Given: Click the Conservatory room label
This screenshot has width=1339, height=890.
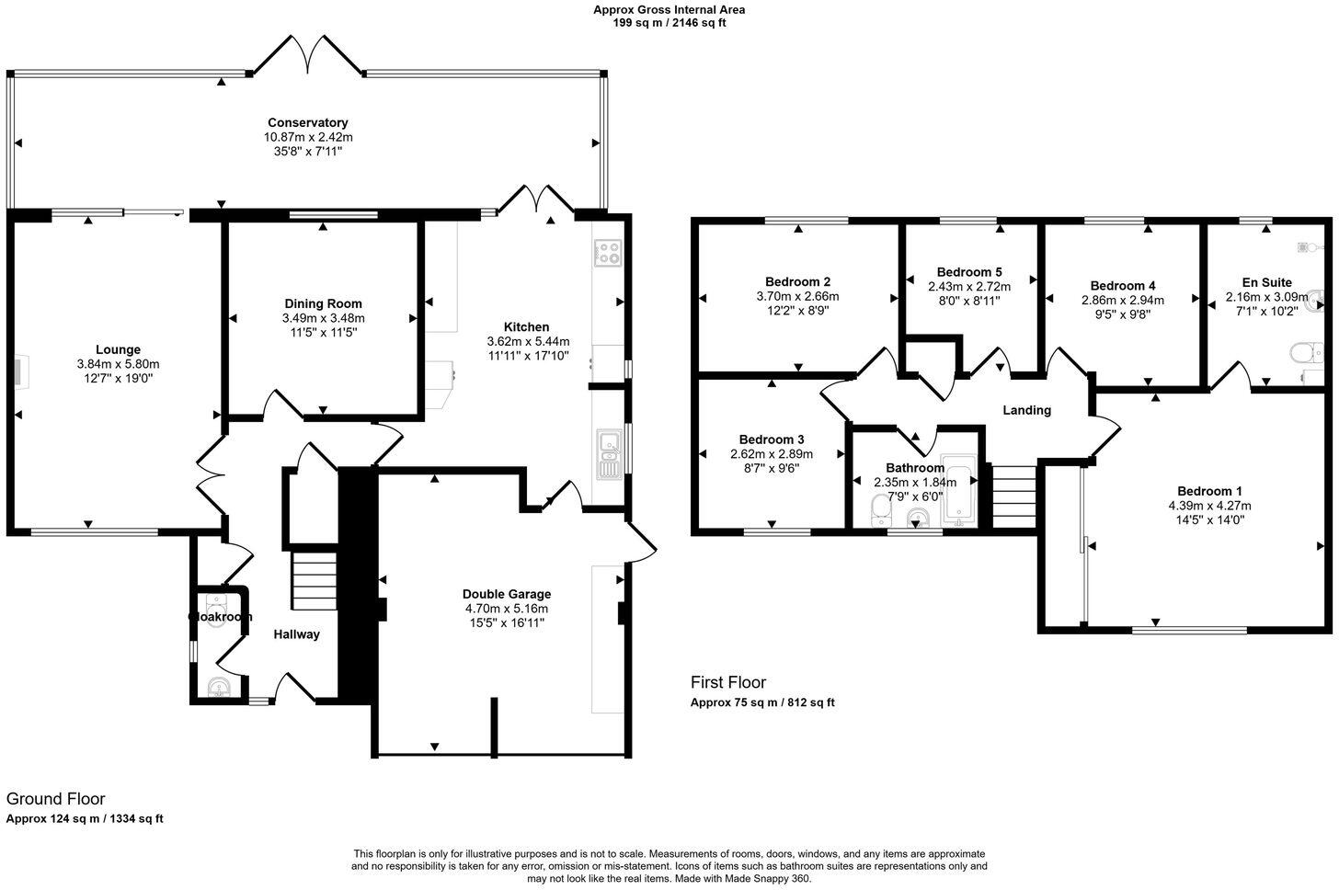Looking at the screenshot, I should pos(307,122).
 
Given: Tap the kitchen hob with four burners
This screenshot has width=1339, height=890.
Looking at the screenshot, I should pos(608,252).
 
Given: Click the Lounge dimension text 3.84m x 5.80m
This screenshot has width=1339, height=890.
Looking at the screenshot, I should pos(118,364).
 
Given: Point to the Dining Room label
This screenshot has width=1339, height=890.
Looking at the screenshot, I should pos(323,303).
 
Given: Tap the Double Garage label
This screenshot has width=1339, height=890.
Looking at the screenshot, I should pos(506,594).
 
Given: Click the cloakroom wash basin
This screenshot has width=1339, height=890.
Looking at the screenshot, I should pos(218,686).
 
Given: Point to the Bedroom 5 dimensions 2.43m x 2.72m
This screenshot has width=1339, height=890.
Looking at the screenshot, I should pos(968,286).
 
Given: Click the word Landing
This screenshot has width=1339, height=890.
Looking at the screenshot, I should pos(1026,410).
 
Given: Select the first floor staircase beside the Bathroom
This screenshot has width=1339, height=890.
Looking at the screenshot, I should pos(1014,496).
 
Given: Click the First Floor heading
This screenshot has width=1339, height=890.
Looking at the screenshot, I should pos(727,682).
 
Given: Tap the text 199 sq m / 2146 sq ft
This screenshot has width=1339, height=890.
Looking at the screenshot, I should pos(669,23).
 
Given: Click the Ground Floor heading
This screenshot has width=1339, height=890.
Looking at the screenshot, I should pos(55,799).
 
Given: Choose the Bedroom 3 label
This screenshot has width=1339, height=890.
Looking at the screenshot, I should pos(772,439).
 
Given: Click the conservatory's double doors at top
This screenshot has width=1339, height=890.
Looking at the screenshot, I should pos(308,55).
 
